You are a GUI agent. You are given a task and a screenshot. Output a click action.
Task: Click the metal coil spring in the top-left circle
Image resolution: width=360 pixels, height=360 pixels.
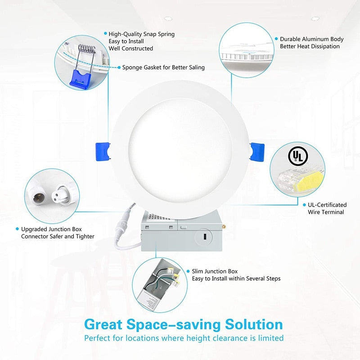85,50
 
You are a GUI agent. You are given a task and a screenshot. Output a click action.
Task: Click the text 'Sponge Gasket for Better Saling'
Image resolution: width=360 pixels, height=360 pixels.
163,67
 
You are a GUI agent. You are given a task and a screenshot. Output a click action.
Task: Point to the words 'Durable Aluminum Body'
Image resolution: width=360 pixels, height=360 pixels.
311,40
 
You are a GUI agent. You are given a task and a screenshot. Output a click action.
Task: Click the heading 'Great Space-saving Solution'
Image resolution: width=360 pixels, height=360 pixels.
183,324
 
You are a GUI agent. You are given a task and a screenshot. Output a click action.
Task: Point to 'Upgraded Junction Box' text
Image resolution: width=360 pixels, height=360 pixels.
51,229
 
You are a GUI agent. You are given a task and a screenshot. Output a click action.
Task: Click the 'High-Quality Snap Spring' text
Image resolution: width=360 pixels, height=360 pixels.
141,34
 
